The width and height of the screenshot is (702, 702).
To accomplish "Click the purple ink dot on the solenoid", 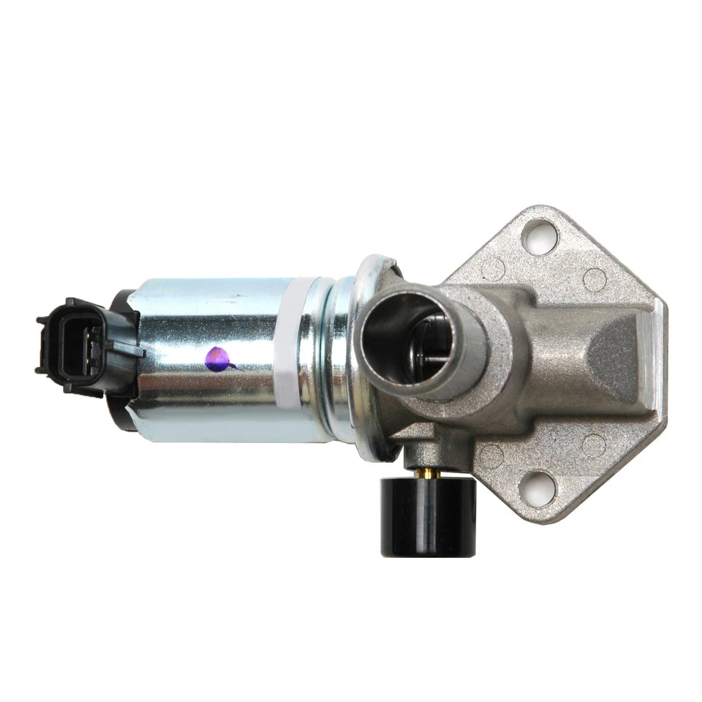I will (217, 359).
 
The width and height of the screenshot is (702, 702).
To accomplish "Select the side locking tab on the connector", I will (132, 349).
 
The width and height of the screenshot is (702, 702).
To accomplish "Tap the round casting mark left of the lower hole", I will (491, 456).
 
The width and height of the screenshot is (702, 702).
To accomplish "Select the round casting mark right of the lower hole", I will (593, 445).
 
